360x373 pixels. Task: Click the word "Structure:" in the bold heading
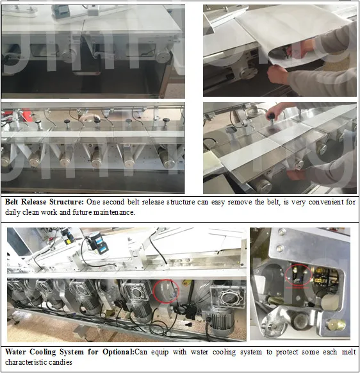67,202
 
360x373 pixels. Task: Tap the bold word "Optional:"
119,352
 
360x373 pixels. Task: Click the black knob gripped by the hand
271,117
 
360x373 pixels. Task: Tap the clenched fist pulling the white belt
277,74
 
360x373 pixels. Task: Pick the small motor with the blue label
98,242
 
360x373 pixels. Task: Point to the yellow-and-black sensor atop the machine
67,235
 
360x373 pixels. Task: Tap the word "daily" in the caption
13,212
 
